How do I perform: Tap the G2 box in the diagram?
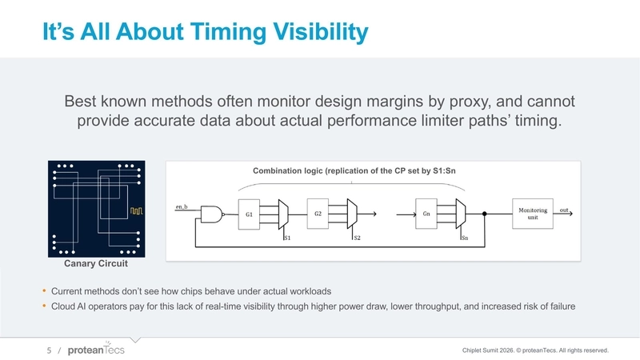point(318,214)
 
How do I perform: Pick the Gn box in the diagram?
point(426,214)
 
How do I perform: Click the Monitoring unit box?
point(532,214)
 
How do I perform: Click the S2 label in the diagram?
point(357,238)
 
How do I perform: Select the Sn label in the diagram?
point(464,238)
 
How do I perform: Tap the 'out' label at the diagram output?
point(564,209)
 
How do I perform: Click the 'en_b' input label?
point(182,207)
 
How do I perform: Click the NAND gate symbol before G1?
point(212,214)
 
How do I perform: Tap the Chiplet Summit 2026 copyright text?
point(542,350)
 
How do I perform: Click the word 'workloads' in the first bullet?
point(309,290)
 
